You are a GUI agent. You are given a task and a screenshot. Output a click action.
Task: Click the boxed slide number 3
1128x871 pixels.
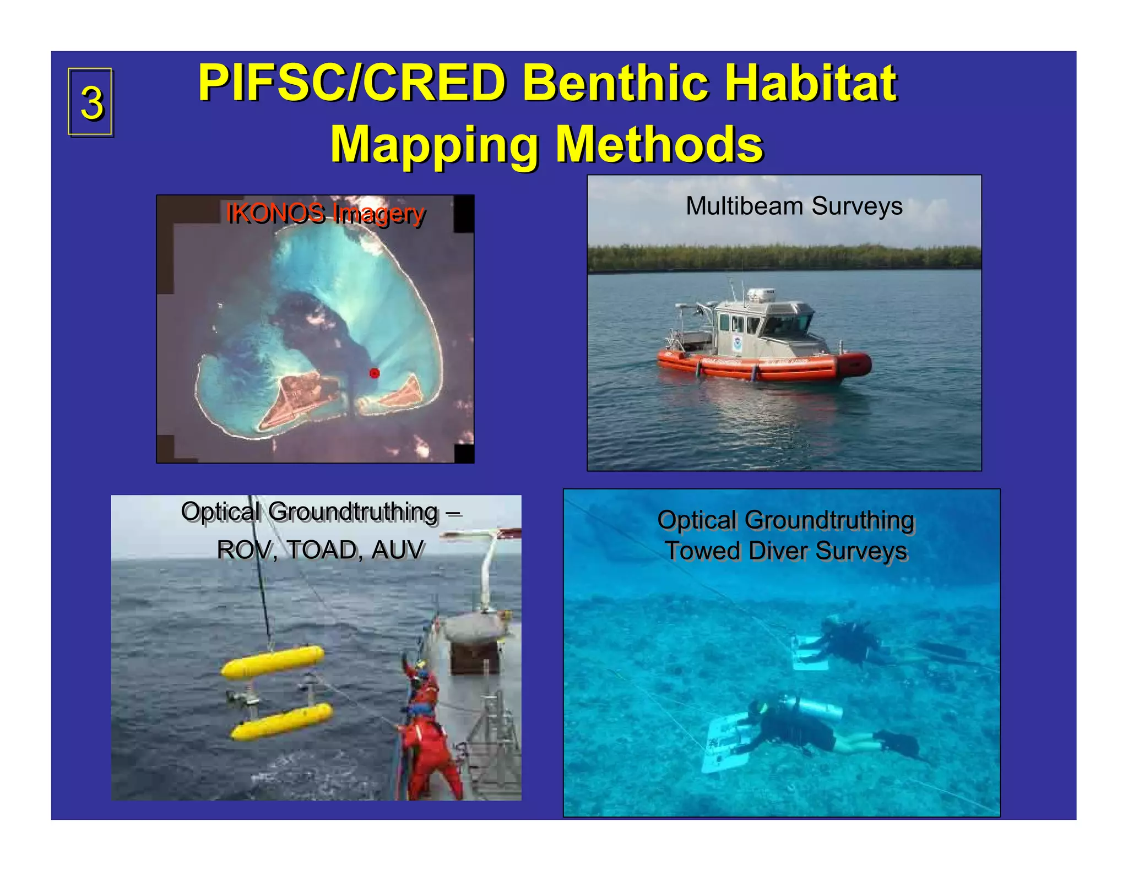coord(91,102)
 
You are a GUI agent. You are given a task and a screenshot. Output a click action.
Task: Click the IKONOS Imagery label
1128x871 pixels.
coord(325,213)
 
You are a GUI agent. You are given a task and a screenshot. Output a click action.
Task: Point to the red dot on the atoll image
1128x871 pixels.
coord(375,373)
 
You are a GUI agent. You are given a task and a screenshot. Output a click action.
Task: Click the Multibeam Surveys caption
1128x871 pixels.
coord(794,206)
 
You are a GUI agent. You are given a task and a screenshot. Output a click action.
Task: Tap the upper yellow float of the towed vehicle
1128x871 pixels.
coord(273,662)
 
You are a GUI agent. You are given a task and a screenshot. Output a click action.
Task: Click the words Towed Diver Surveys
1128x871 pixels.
coord(787,551)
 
